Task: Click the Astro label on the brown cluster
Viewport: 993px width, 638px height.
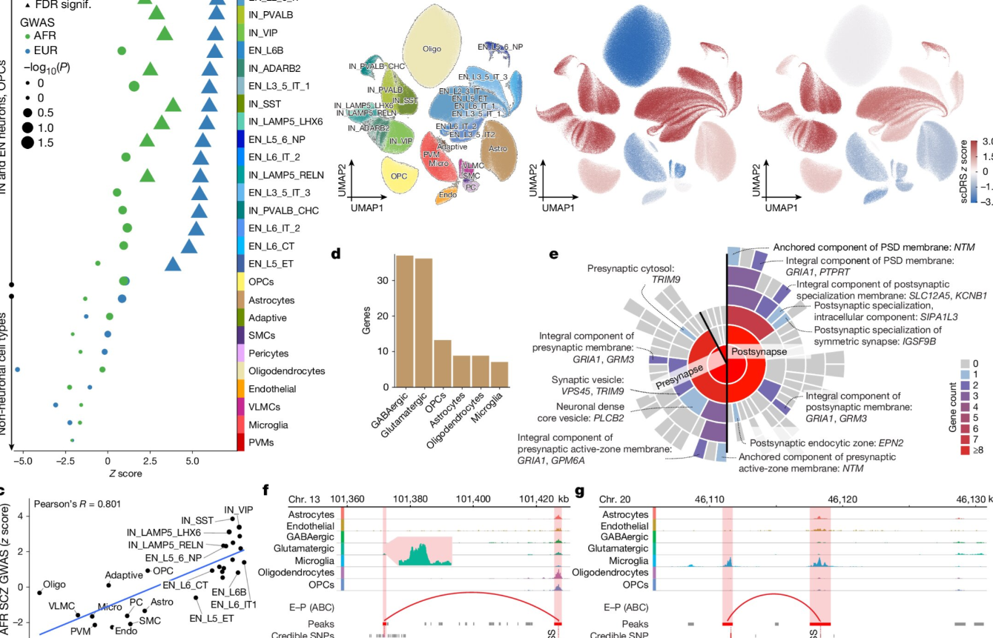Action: click(x=498, y=149)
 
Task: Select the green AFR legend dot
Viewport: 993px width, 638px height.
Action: click(x=27, y=35)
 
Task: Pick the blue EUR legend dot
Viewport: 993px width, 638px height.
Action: click(x=27, y=50)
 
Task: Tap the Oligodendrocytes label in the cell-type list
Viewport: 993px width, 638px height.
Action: click(x=286, y=371)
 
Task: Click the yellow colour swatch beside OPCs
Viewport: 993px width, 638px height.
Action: click(x=240, y=282)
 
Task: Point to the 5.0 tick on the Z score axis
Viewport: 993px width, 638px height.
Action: click(x=193, y=460)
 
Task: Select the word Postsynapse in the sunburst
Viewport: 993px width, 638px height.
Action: click(x=758, y=351)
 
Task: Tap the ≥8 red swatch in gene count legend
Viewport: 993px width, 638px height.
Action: click(x=965, y=451)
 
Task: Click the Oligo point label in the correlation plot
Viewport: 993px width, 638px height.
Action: click(x=54, y=585)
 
